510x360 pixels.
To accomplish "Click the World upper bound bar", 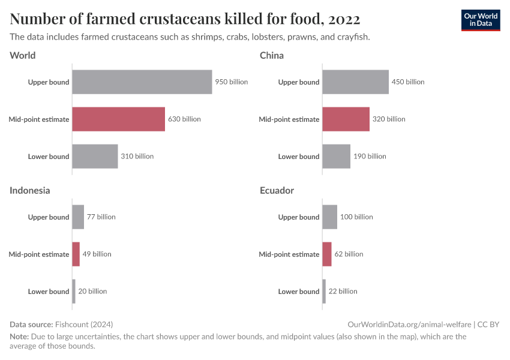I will (x=142, y=82).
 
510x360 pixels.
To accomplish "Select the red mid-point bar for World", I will (x=118, y=119).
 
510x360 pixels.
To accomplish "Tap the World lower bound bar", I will (x=95, y=157).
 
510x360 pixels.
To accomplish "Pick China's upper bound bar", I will (x=355, y=82).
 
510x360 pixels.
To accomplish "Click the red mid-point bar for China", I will (x=346, y=119).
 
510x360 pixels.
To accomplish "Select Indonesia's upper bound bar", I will (x=78, y=217).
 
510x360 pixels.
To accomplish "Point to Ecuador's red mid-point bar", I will (x=327, y=254).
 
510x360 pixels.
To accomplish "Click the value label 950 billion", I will (x=231, y=82).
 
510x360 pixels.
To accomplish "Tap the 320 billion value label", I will (x=389, y=119).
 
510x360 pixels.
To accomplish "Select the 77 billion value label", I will (x=101, y=217).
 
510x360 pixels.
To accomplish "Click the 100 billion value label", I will (x=356, y=217).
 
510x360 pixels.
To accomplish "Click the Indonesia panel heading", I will (x=29, y=190).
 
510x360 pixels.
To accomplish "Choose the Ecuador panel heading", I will (x=277, y=190).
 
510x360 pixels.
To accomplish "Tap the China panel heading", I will (x=272, y=55).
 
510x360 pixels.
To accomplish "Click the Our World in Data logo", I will (x=481, y=20).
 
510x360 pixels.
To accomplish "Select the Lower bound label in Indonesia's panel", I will (x=49, y=292).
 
